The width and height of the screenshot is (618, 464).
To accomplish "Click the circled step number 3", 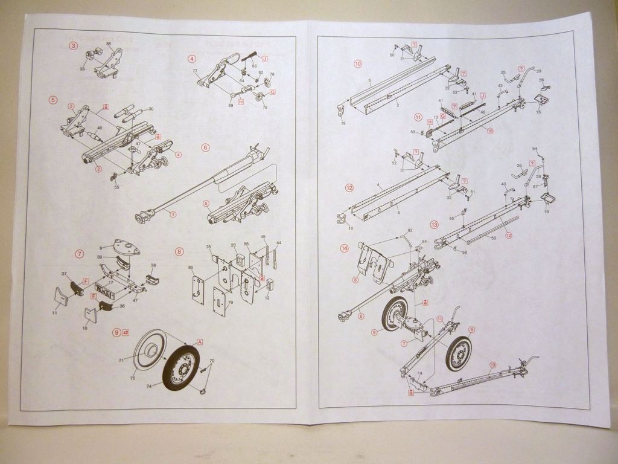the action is point(74,45).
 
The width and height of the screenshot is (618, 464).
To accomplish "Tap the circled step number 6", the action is point(205,147).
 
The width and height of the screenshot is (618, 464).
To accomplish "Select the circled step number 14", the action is point(345,248).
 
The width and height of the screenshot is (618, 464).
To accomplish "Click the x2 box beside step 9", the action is point(126,332).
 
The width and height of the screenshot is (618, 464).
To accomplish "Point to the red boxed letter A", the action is point(200,341).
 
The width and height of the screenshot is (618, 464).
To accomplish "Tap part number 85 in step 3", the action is point(109,44).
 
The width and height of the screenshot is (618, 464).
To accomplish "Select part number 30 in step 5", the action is point(151,109).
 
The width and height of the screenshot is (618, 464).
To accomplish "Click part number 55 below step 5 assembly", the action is point(116,188).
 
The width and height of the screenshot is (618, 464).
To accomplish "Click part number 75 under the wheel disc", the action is point(133,378).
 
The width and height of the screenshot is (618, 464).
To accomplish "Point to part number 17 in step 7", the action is point(111,282).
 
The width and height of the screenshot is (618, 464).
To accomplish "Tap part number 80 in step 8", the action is point(191,266).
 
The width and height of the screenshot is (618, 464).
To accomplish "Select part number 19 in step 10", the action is point(343,123).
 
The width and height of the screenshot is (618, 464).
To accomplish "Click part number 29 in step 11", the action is point(538,71).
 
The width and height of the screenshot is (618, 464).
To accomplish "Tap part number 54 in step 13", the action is point(535,149).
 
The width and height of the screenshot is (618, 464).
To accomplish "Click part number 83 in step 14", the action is point(410,230).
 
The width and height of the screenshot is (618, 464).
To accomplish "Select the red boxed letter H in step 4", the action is point(241,101).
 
